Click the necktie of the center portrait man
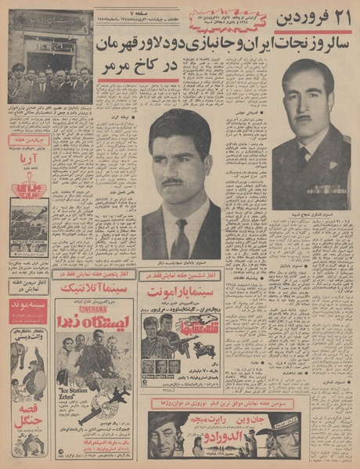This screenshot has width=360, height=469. point(182,240)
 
